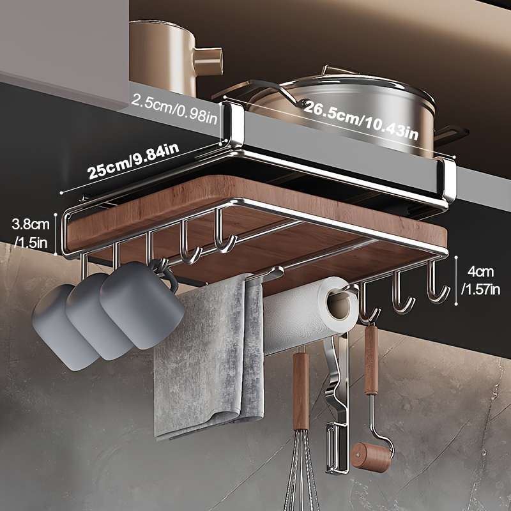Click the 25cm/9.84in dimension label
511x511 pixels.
(133, 162)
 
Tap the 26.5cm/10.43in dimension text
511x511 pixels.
(360, 121)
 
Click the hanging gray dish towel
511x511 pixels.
(204, 358)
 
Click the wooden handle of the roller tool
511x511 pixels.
(371, 360)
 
